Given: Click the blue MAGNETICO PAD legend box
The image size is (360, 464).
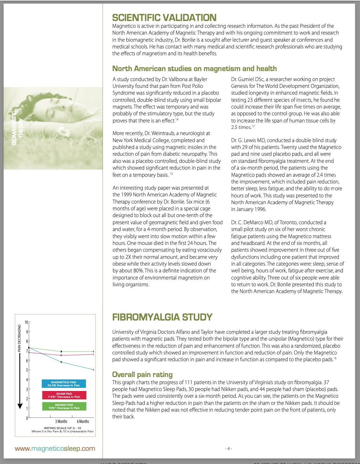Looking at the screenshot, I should click(x=64, y=384).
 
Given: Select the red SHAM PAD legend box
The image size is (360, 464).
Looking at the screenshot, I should click(x=64, y=395).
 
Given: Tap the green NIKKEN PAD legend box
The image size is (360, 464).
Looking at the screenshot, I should click(x=64, y=406).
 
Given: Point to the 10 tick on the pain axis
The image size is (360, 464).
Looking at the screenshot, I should click(x=26, y=322).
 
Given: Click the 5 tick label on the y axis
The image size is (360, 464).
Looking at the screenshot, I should click(x=27, y=370).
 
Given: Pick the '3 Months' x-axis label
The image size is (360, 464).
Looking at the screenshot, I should click(x=61, y=421).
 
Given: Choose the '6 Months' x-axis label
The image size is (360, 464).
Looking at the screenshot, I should click(x=83, y=421).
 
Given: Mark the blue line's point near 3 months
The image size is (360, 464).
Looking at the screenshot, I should click(x=61, y=362).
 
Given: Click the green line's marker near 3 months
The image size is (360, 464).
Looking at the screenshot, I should click(x=61, y=352).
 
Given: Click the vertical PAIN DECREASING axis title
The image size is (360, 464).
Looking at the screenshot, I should click(x=19, y=338).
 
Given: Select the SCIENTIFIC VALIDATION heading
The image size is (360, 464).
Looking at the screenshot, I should click(x=164, y=17).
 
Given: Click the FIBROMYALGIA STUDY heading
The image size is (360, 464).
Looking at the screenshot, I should click(x=162, y=317).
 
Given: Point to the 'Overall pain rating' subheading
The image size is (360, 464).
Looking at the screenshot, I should click(x=142, y=374).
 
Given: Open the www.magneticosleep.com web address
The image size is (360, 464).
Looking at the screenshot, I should click(x=55, y=448).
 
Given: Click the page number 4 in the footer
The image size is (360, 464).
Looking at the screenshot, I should click(x=228, y=448).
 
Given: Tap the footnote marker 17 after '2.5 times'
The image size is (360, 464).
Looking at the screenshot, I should click(x=253, y=126).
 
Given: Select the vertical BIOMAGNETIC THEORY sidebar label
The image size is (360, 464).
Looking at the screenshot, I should click(x=17, y=128).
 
